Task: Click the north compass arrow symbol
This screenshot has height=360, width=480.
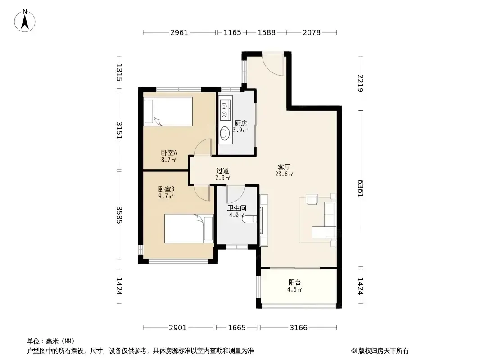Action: (x=25, y=21)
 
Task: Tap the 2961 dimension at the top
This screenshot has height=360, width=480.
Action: (x=179, y=32)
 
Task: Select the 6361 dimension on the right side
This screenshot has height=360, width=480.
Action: (x=361, y=189)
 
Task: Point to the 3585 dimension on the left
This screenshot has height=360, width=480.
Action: (x=119, y=215)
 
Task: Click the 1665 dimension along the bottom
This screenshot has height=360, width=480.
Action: (x=237, y=328)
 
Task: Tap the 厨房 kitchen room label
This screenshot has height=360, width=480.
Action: (x=240, y=123)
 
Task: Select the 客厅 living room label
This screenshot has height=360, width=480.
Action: (x=284, y=167)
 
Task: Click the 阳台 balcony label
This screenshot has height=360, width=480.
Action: (x=294, y=282)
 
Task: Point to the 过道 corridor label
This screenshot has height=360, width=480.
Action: (x=222, y=171)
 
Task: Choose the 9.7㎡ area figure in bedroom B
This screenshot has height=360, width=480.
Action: (x=166, y=196)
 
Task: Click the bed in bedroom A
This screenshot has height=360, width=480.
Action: (x=168, y=111)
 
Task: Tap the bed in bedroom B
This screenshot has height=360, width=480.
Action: (x=189, y=229)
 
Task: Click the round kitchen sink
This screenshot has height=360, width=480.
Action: (x=225, y=133)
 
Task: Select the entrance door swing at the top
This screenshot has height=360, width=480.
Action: (x=273, y=64)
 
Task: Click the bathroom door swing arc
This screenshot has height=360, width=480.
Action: (x=235, y=195)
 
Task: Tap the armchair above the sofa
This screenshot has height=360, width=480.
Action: (x=312, y=199)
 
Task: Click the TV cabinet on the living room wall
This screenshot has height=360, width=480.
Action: (x=264, y=220)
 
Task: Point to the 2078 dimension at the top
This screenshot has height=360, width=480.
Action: (x=311, y=32)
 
